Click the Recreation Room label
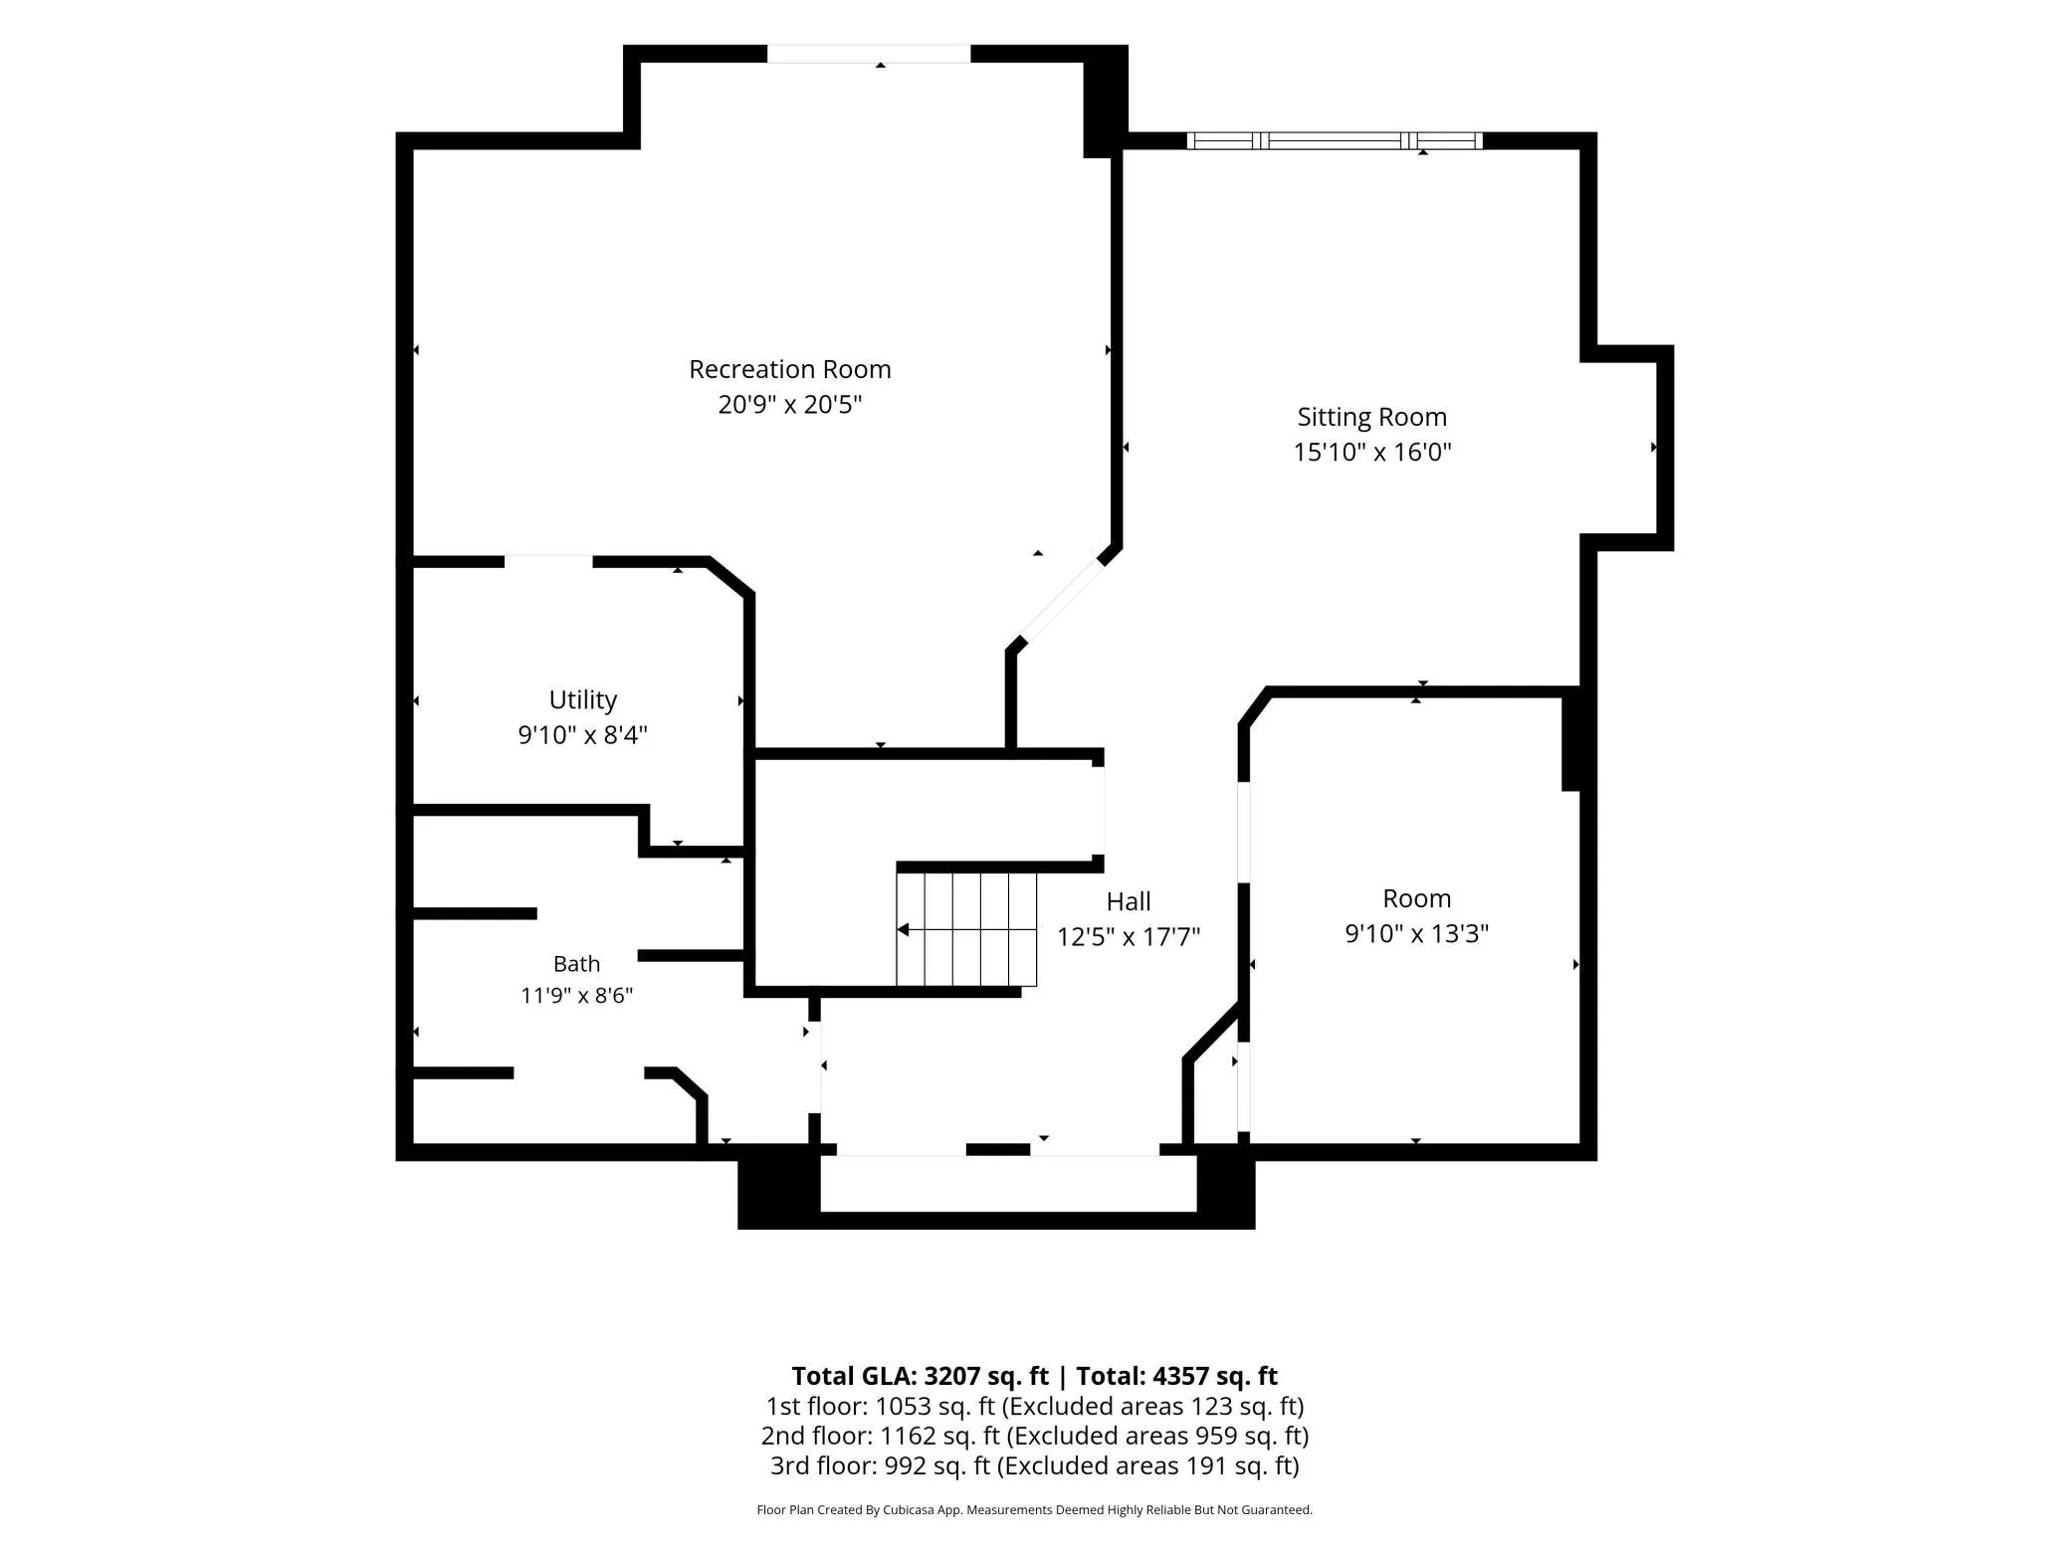pos(790,369)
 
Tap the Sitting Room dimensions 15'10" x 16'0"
pos(1372,452)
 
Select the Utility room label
pos(583,699)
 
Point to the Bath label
pos(577,963)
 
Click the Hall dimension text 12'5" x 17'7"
pos(1129,936)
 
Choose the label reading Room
pos(1417,898)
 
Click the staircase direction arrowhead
pos(903,930)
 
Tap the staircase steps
pos(966,929)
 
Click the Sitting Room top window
pos(1335,140)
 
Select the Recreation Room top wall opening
pos(869,54)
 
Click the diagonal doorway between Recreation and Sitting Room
pos(1062,601)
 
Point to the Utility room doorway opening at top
pos(548,562)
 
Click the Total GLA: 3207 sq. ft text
pos(921,1376)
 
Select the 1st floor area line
pos(1035,1406)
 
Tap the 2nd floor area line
pos(1035,1436)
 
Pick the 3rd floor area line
pos(1035,1465)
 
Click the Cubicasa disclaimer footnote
pos(1035,1510)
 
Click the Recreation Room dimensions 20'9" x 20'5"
pos(790,404)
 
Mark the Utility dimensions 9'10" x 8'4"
pos(583,734)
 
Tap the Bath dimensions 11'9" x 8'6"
pos(577,995)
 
